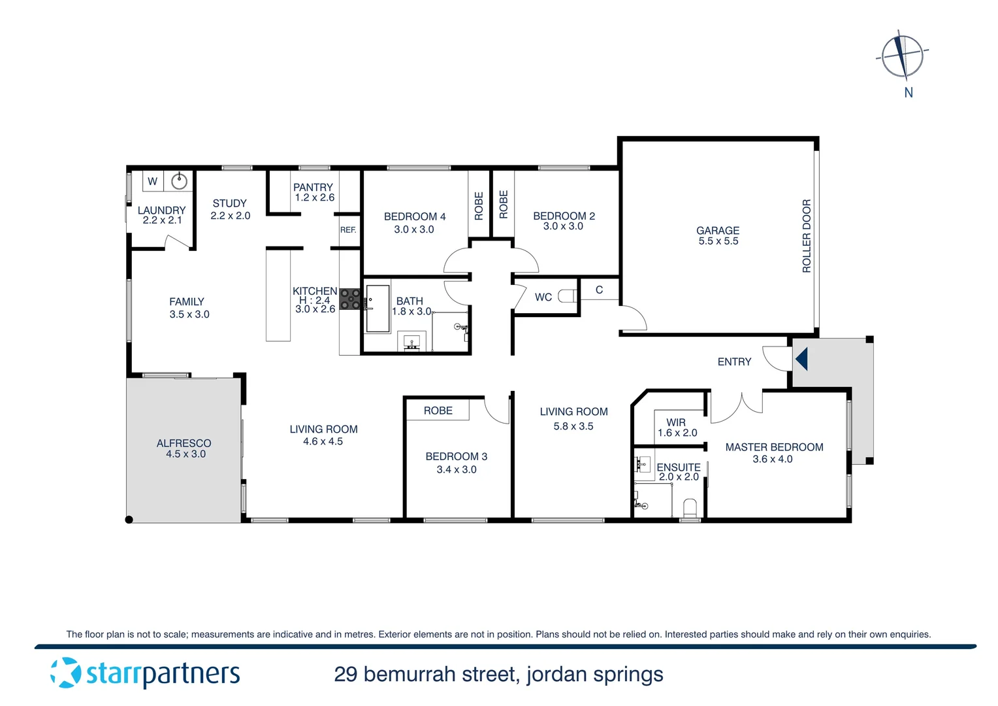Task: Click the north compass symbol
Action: coord(903,55)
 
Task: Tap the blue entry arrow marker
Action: coord(801,359)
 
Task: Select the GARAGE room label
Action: coord(718,231)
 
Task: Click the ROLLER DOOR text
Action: coord(807,236)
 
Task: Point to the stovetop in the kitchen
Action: coord(349,299)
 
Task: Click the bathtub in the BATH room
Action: coord(378,309)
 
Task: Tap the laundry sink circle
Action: coord(180,180)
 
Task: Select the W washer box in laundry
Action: coord(152,181)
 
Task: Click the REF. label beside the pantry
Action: coord(348,230)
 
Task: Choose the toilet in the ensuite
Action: coord(690,507)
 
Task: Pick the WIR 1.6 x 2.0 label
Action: coord(677,428)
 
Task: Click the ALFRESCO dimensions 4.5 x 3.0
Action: coord(185,454)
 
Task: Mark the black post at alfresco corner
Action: coord(129,520)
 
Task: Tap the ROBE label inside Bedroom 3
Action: coord(438,411)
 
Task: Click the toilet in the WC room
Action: coord(567,296)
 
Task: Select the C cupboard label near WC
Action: coord(599,290)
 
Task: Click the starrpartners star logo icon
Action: coord(65,673)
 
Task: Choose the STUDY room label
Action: coord(229,203)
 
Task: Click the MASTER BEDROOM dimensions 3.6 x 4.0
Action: coord(772,460)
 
